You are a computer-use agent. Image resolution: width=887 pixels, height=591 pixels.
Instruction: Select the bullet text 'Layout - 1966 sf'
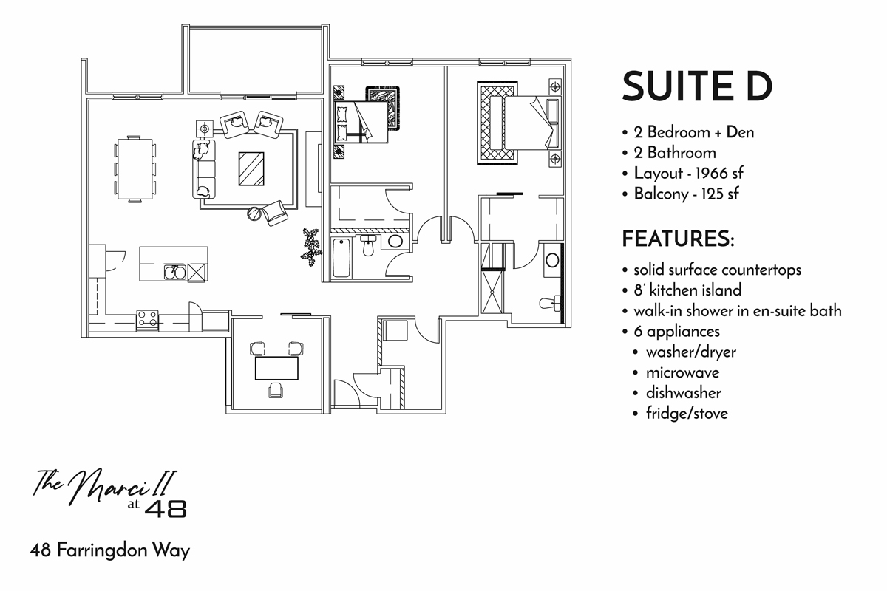click(x=687, y=174)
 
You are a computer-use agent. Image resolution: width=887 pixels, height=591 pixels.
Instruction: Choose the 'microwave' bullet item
click(x=682, y=372)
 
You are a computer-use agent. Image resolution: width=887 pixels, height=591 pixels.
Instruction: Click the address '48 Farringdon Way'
click(x=110, y=551)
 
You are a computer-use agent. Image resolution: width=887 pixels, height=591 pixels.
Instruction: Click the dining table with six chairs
click(x=135, y=168)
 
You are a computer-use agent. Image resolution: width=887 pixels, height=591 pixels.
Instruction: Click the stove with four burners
click(x=147, y=320)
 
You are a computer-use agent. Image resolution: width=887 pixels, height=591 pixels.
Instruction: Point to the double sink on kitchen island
click(x=174, y=273)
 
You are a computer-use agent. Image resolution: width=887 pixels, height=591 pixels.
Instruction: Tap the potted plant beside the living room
click(x=312, y=246)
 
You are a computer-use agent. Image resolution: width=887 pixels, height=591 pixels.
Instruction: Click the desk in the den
click(x=276, y=366)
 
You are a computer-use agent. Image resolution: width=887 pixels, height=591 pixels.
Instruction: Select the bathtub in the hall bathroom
click(x=341, y=257)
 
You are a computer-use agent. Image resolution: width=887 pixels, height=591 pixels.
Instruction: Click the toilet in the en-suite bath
click(x=551, y=304)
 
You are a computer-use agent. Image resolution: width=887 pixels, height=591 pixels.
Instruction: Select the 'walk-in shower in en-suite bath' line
click(x=737, y=310)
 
